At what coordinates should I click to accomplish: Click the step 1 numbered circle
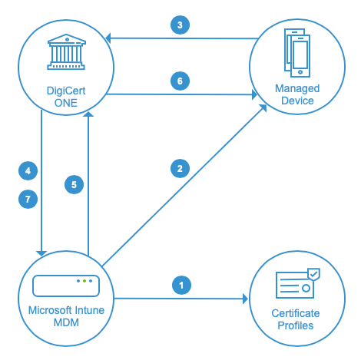point(181,285)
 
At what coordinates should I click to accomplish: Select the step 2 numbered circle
point(180,168)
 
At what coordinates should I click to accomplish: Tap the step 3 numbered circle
point(180,25)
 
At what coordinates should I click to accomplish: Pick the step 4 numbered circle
point(28,169)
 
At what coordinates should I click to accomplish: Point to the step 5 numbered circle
point(73,183)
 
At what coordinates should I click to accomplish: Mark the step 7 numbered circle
point(28,200)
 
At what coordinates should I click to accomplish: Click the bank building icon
point(65,51)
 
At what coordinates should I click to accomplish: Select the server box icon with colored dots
point(65,286)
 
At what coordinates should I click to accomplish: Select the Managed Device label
point(296,94)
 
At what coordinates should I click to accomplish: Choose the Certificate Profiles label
point(296,319)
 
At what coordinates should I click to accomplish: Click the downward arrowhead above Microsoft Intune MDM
point(41,253)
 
